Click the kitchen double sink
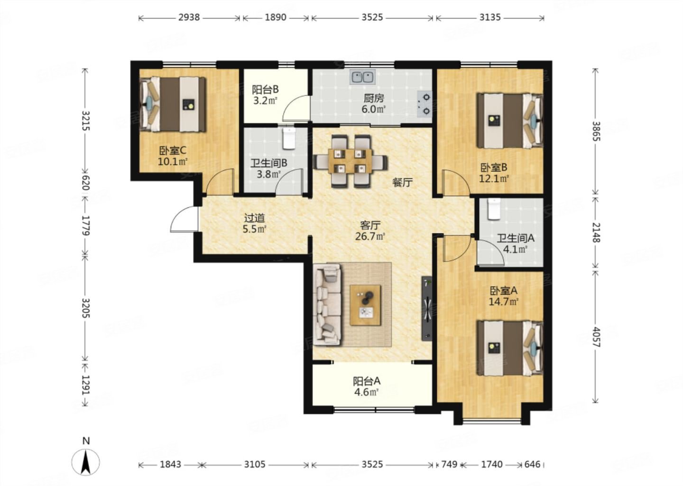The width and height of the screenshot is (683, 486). [x=362, y=77]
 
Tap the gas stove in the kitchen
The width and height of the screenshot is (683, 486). [x=425, y=104]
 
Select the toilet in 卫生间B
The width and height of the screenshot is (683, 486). [x=289, y=138]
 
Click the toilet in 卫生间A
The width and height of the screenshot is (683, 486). [x=494, y=209]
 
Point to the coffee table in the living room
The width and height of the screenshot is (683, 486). [x=365, y=305]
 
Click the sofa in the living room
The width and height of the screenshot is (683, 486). [x=327, y=305]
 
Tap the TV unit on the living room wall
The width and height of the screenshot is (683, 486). [x=426, y=308]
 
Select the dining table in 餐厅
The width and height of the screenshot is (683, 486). [x=351, y=161]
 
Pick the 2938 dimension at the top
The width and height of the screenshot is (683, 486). [x=189, y=18]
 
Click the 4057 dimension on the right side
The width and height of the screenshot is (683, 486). [x=596, y=337]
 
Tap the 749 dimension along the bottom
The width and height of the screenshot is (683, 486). [x=449, y=464]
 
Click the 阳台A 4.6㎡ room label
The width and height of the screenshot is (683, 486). [x=367, y=386]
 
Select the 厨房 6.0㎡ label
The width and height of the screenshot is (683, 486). [x=374, y=104]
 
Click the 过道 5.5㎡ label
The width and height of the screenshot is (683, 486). [x=255, y=224]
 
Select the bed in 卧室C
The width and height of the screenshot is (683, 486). [x=173, y=104]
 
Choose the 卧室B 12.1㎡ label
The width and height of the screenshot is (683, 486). [x=494, y=173]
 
